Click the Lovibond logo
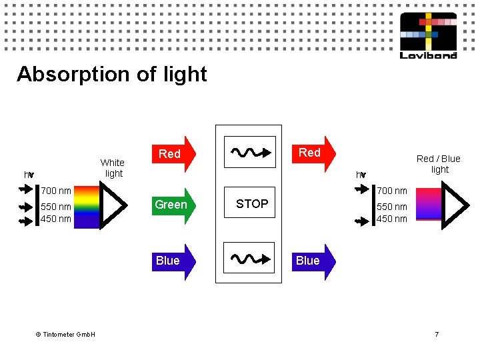click(428, 35)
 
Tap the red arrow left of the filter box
click(174, 154)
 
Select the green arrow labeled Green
click(174, 206)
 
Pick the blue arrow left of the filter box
click(174, 262)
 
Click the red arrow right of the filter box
click(314, 154)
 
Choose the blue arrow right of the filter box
click(314, 262)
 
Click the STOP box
click(249, 203)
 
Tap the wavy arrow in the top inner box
click(251, 152)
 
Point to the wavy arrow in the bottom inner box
click(251, 259)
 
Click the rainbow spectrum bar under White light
click(87, 207)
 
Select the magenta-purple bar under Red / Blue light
click(429, 204)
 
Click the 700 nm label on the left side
click(56, 191)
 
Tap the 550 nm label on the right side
click(392, 207)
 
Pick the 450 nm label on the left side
click(56, 219)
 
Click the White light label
click(113, 168)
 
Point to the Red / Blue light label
click(439, 164)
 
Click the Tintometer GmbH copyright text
click(65, 334)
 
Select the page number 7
click(437, 334)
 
